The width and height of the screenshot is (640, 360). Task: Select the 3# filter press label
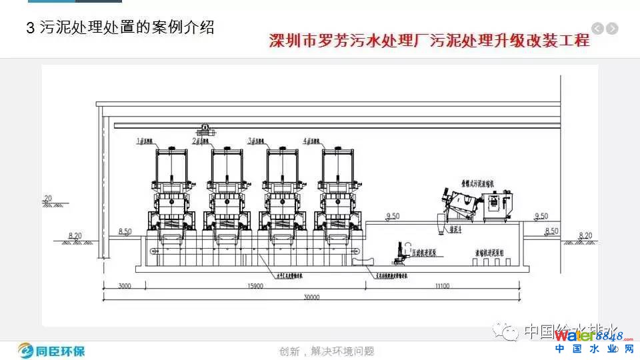(x=255, y=141)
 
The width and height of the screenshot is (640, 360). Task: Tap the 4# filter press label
(x=311, y=141)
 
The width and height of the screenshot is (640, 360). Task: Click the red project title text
(x=429, y=41)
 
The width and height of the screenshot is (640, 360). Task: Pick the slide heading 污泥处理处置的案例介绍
(x=120, y=28)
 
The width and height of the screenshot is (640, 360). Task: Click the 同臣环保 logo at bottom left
(x=52, y=350)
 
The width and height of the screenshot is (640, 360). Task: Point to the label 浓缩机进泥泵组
(x=491, y=253)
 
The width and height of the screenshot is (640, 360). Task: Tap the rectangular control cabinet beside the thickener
(x=500, y=201)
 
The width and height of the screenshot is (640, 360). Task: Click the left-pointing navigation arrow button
(x=597, y=28)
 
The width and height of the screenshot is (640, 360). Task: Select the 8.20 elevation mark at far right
(x=585, y=235)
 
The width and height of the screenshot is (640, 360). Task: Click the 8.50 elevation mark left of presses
(x=125, y=231)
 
